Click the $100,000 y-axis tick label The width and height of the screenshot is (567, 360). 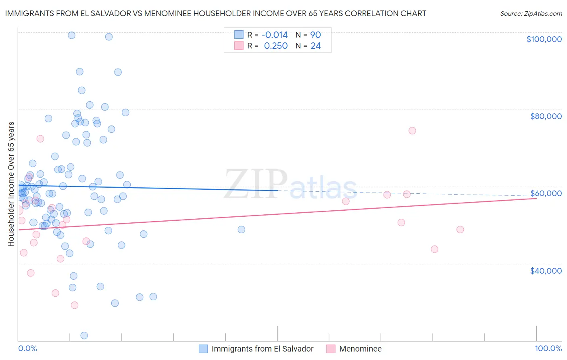[544, 39]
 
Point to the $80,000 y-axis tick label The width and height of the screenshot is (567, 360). [546, 116]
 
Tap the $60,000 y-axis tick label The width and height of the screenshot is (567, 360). [546, 193]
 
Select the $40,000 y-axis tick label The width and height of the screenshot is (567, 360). [546, 271]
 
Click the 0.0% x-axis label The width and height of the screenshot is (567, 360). [27, 348]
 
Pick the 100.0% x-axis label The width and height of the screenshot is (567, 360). [548, 348]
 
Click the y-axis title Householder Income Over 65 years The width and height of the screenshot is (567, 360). [11, 184]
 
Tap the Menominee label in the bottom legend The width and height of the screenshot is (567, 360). [360, 349]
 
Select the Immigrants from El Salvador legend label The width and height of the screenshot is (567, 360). [263, 349]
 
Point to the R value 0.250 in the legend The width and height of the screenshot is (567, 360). [276, 46]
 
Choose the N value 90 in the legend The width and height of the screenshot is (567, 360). [315, 35]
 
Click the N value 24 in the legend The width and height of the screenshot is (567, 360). [315, 46]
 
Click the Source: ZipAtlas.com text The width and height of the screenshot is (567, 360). [531, 14]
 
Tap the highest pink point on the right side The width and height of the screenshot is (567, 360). [412, 130]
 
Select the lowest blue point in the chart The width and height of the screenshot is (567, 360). [84, 335]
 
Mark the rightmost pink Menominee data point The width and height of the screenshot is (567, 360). [460, 230]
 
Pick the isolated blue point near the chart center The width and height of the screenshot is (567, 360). [242, 230]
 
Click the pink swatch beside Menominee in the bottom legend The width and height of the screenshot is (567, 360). [331, 349]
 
